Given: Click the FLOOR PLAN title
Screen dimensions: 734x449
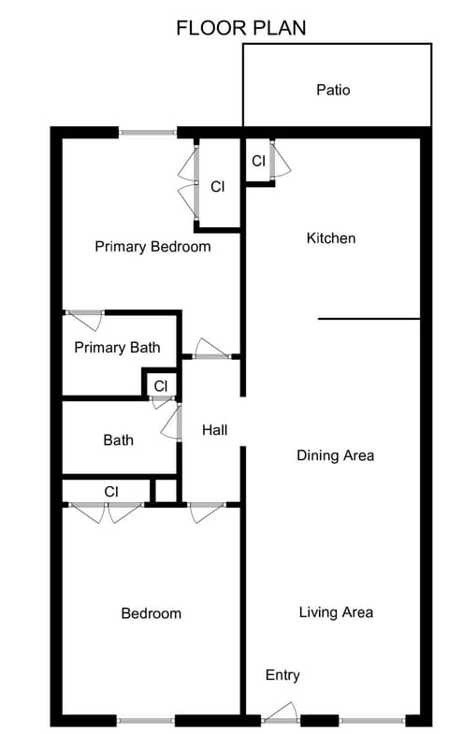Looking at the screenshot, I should pos(240,27).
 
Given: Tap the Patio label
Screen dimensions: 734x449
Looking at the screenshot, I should pos(333,90).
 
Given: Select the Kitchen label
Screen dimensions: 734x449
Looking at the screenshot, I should pos(331,238).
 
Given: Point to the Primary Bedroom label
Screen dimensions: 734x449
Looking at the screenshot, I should pos(152,247).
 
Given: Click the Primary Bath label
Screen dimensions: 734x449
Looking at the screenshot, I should pos(117,348).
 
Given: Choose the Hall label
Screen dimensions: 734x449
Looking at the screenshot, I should pos(214,430).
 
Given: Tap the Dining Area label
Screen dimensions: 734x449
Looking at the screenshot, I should pos(335,455).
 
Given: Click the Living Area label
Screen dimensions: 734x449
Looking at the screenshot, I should pos(336,612).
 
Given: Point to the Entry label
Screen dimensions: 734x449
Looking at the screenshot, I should pos(282,674).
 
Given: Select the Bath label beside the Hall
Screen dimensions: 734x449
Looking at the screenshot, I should pos(118,439).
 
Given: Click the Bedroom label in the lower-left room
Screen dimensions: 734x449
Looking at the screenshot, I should pos(151,613).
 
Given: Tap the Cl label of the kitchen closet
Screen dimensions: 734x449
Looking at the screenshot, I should pos(258,161).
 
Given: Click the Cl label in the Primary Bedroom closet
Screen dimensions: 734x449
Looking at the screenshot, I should pos(217,186).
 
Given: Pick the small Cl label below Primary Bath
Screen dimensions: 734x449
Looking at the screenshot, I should pos(161,385).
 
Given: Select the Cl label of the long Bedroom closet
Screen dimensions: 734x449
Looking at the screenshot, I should pos(111,491).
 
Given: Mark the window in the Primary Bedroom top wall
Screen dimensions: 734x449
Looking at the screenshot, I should pos(148,133).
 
